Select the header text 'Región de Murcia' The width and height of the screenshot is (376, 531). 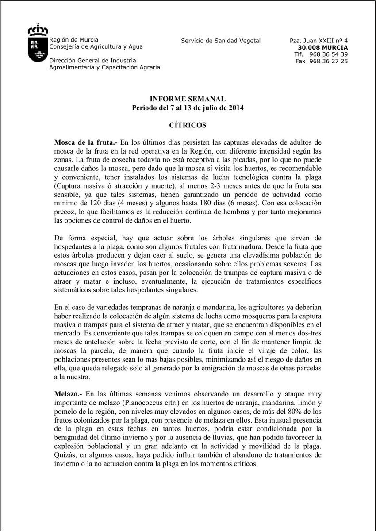74,39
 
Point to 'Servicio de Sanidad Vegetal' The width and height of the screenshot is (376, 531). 221,41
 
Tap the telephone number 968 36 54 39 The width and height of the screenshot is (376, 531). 328,54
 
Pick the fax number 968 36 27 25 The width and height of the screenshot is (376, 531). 328,61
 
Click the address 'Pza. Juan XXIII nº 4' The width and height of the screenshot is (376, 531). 318,41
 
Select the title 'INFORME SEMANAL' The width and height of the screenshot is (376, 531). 188,99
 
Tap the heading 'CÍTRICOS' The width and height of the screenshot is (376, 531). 188,125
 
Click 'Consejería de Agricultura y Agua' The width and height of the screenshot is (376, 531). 96,46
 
